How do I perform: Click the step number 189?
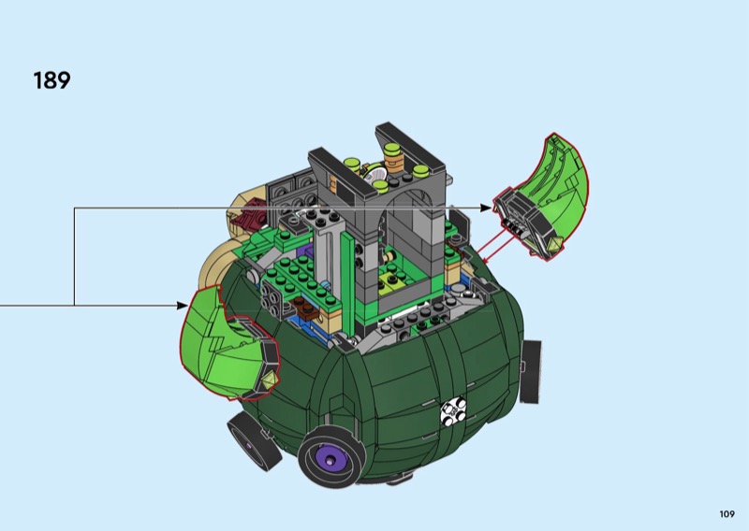point(52,80)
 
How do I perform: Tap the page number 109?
point(727,514)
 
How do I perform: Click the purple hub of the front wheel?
point(330,460)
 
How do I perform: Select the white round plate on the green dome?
point(453,411)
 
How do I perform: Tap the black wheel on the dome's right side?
point(531,372)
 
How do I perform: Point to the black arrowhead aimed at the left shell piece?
point(182,306)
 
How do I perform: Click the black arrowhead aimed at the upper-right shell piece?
point(485,208)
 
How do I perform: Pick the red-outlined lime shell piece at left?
point(227,344)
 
